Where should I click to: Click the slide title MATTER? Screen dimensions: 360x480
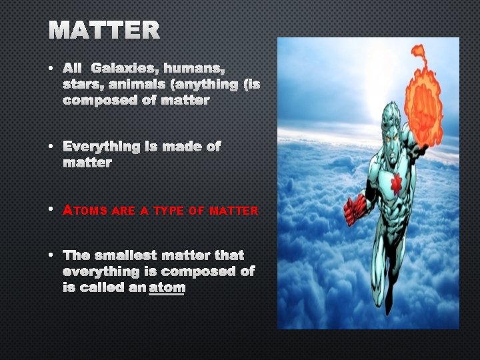[x=104, y=31]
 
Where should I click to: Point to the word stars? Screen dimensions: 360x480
[x=80, y=85]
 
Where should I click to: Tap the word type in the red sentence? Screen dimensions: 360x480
[x=169, y=211]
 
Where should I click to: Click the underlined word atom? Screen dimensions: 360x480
[x=167, y=288]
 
